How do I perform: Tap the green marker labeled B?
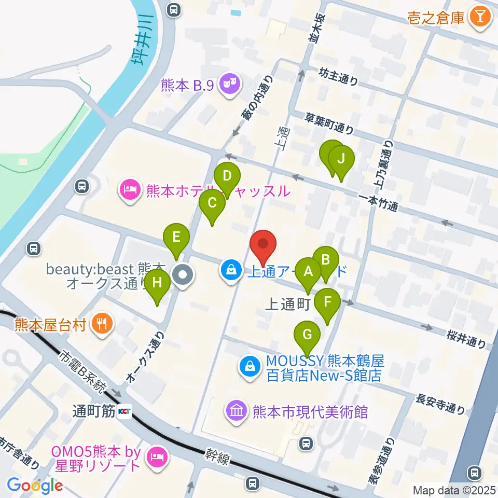point(326,260)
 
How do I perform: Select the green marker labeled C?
point(212,203)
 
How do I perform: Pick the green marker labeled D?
point(227,176)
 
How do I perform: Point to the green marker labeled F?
point(327,301)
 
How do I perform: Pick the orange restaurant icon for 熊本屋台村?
point(100,325)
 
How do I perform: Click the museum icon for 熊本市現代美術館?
point(236,412)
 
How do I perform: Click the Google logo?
point(35,485)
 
